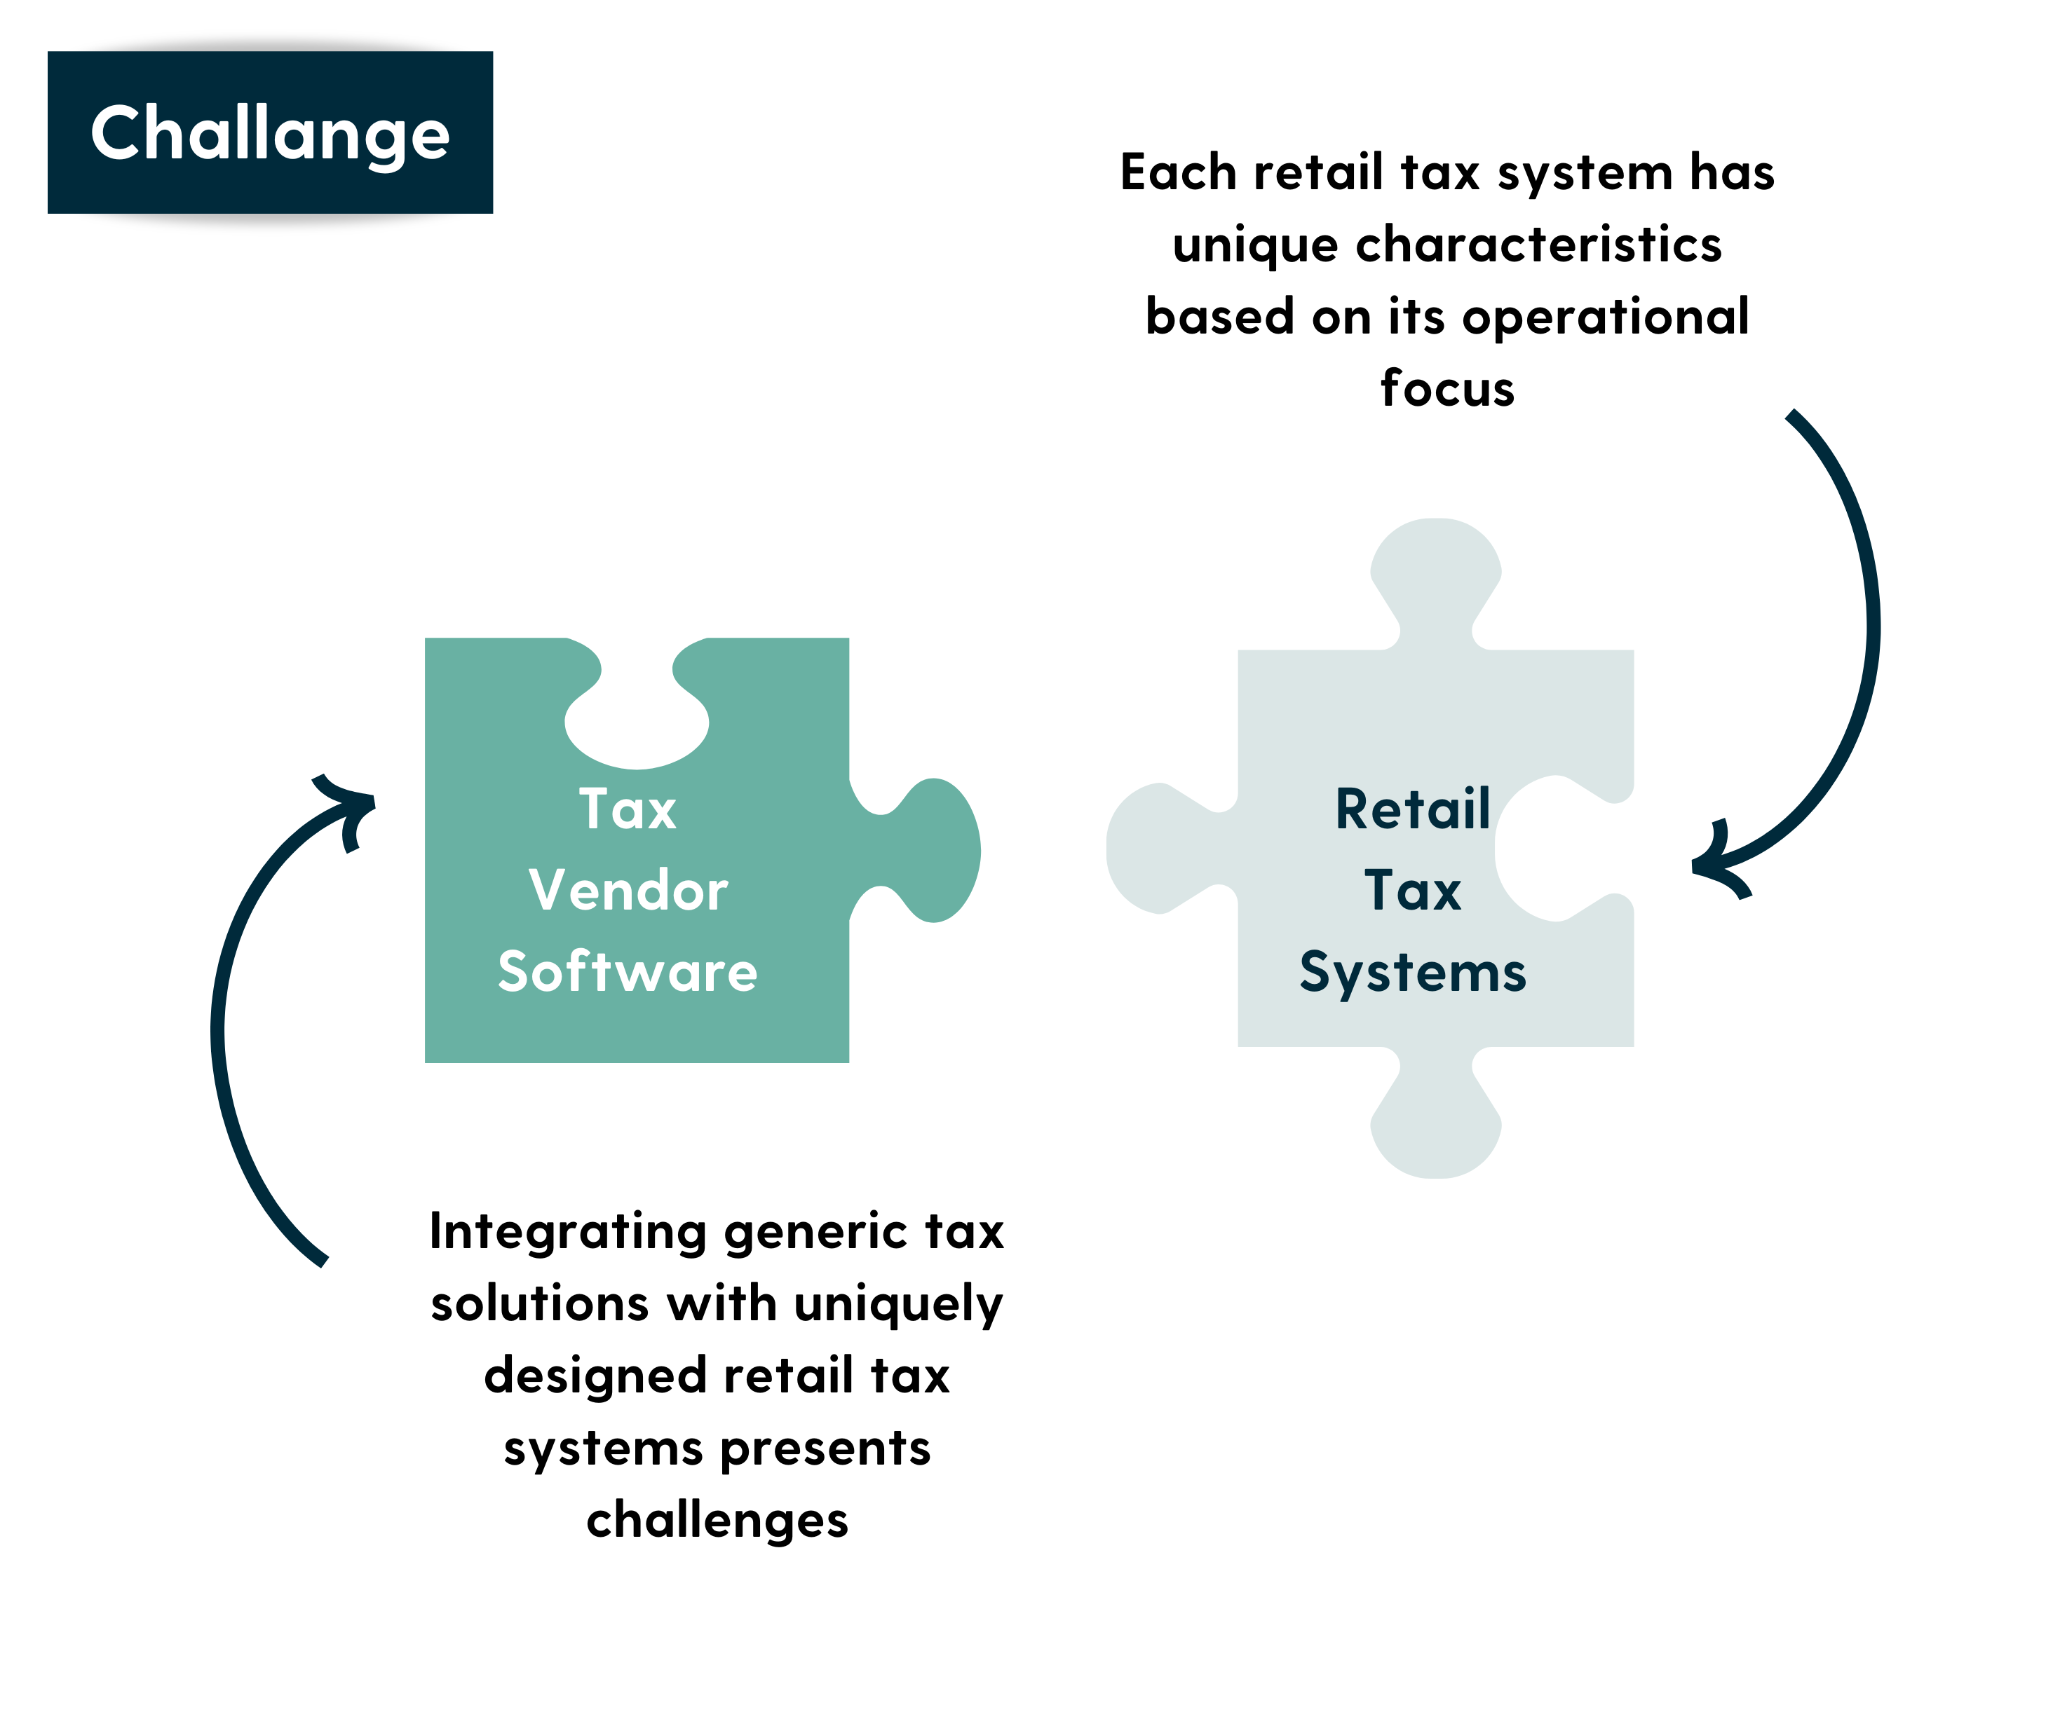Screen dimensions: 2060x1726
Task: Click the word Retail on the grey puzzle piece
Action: [x=1413, y=809]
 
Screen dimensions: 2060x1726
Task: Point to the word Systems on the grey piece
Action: [x=1413, y=973]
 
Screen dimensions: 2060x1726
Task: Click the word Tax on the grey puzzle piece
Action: [x=1413, y=891]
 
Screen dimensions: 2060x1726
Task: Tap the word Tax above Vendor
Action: [x=628, y=809]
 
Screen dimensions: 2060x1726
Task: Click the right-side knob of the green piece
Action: [x=927, y=850]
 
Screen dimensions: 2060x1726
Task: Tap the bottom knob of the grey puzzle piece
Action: [x=1436, y=1113]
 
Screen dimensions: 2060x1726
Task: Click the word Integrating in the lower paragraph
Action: [x=568, y=1233]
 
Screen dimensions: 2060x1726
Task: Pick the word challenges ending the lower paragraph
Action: [x=717, y=1521]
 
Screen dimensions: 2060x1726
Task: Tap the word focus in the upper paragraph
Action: [x=1448, y=388]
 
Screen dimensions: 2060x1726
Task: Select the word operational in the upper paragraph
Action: [x=1605, y=317]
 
